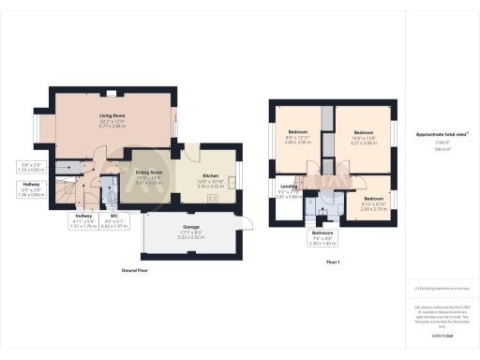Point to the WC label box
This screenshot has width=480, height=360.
(113, 223)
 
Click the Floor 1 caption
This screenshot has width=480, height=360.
(332, 262)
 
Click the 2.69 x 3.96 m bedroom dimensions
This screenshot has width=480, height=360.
(297, 143)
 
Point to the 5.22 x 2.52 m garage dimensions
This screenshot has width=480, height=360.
(190, 237)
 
